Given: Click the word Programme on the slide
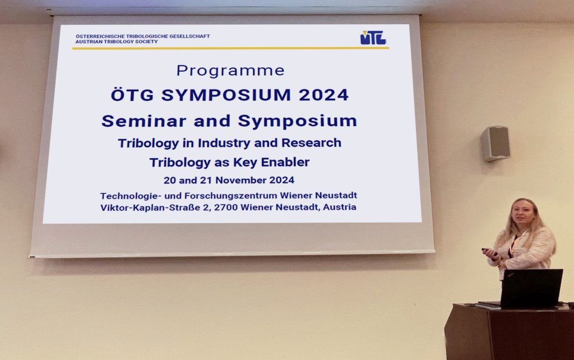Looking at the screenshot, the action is pos(230,71).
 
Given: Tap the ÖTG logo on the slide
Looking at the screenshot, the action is pos(373,38).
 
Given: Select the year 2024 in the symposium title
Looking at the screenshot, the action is pos(323,95).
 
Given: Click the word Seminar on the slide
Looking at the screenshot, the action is pos(144,121).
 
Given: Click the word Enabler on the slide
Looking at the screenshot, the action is pos(285,162).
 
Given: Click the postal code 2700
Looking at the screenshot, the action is pos(226,207).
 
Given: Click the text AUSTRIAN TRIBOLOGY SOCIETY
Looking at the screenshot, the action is pos(117,41).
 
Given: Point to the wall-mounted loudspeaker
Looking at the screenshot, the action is pos(496,143).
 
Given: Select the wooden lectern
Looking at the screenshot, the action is pos(510,331).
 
